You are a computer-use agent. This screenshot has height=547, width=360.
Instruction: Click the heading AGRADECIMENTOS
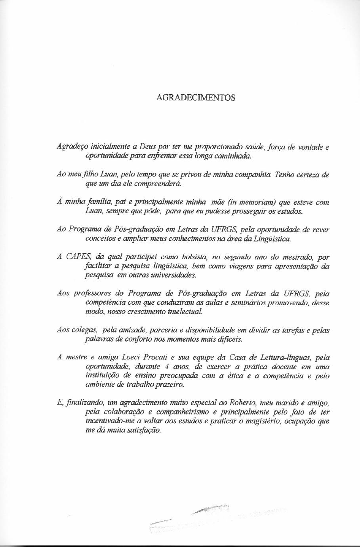point(196,97)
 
